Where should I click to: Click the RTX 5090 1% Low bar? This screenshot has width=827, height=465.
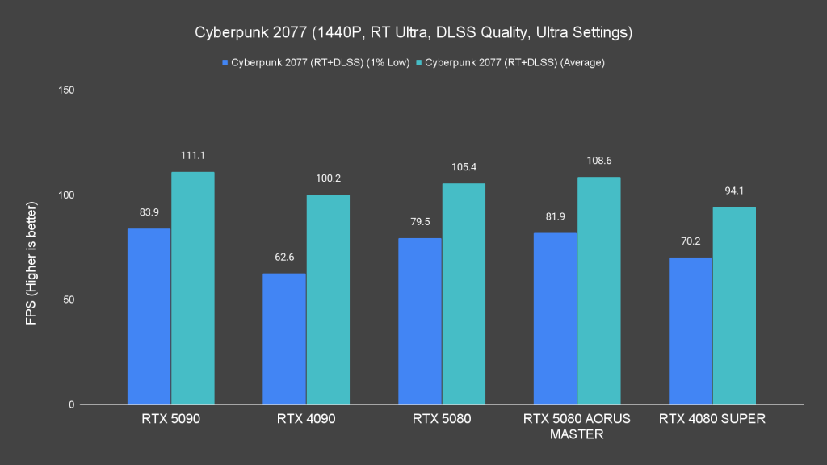(x=149, y=316)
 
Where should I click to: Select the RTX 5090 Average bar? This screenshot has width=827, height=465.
(x=192, y=288)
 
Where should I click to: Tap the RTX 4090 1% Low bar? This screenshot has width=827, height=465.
(x=284, y=339)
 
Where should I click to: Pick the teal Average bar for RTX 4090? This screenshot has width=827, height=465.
(x=328, y=300)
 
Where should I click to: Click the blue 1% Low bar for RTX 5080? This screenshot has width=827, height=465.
(x=420, y=321)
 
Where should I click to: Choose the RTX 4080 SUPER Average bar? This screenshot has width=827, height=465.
(x=734, y=306)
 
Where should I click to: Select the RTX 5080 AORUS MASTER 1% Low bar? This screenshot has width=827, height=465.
(x=556, y=319)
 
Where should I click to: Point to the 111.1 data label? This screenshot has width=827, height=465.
(x=192, y=155)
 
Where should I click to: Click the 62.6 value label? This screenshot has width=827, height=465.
(x=284, y=257)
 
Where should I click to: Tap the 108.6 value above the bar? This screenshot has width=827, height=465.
(x=599, y=161)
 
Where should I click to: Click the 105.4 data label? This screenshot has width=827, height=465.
(x=464, y=167)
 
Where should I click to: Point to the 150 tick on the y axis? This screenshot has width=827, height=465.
(x=66, y=90)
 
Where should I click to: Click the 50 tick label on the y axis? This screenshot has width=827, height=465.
(x=69, y=300)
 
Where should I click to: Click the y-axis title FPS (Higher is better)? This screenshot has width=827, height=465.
(x=31, y=247)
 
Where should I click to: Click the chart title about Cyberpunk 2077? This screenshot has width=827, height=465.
(x=413, y=33)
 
